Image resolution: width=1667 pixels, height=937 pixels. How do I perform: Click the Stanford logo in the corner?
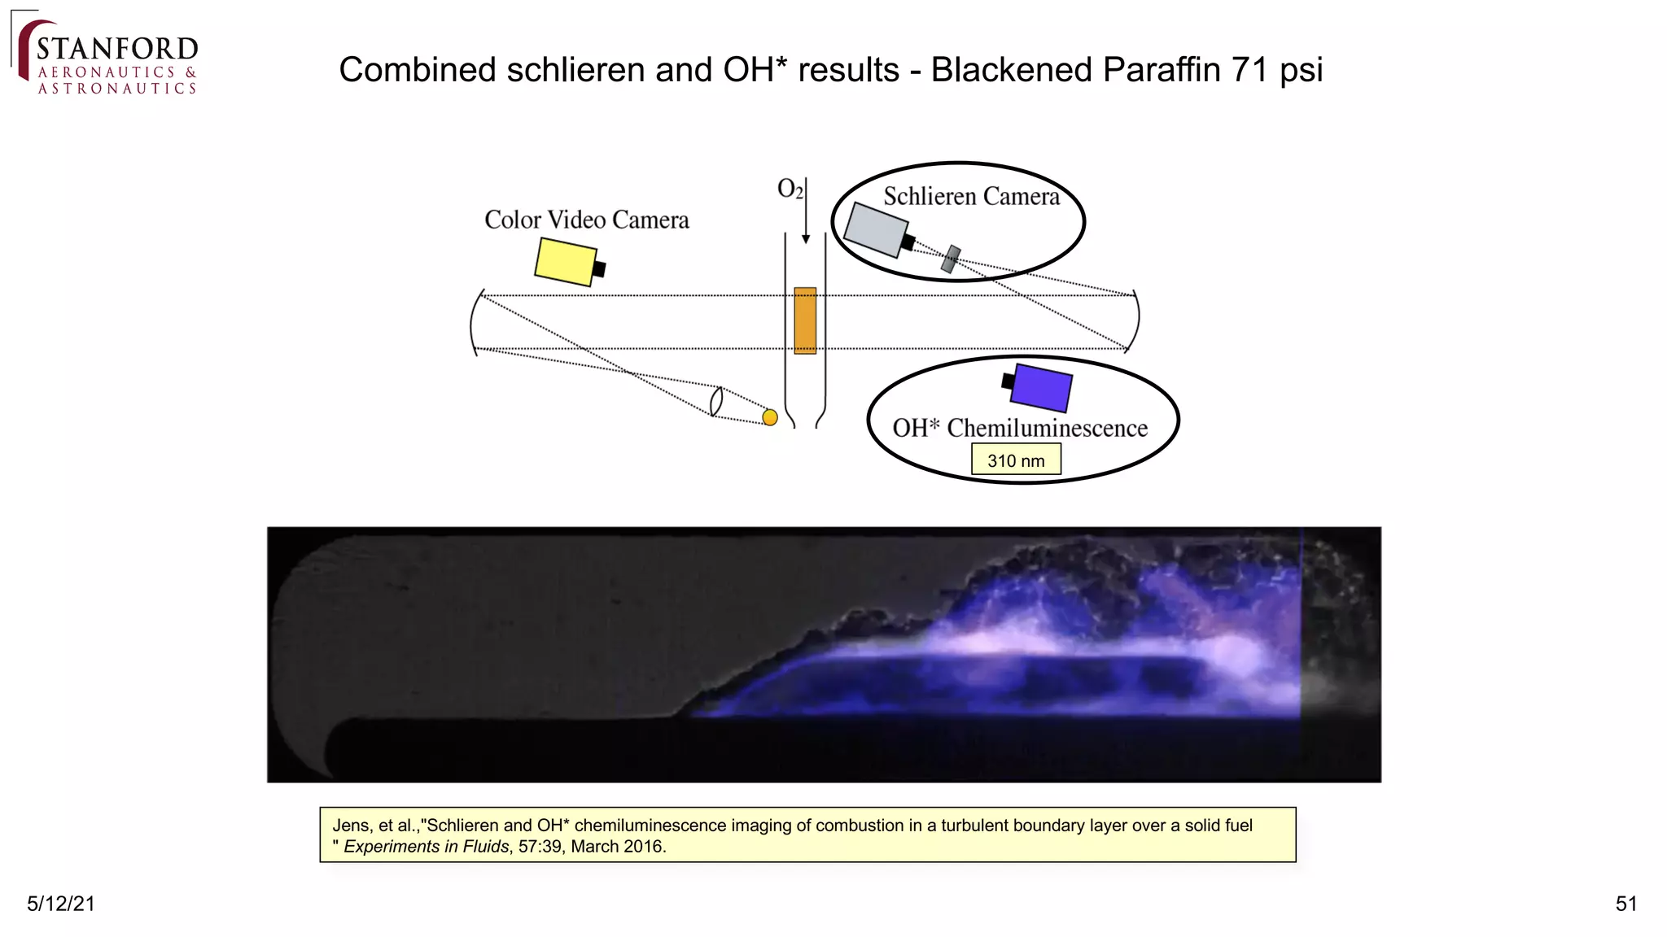107,57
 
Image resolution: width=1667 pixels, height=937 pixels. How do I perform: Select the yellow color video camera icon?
567,261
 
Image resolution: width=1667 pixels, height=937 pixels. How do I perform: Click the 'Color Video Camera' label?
586,220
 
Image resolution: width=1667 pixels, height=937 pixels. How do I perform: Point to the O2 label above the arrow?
789,189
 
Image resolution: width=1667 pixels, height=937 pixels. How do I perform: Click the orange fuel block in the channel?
805,320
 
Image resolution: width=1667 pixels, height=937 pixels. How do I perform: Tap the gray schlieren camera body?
875,229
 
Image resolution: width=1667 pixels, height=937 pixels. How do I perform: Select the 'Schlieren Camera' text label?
971,196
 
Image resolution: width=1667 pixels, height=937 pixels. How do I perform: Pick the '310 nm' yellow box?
1016,460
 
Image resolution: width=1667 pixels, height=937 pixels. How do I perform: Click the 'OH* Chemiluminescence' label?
1020,428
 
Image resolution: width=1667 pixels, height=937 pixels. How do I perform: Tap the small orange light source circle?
770,417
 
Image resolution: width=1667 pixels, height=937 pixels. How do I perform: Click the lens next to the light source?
716,401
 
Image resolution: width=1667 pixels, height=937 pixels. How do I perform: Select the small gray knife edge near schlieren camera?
951,259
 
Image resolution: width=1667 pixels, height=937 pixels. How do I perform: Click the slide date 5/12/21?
61,904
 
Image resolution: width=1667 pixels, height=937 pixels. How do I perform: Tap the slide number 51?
1625,904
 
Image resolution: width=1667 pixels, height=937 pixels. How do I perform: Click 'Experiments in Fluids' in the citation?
427,847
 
